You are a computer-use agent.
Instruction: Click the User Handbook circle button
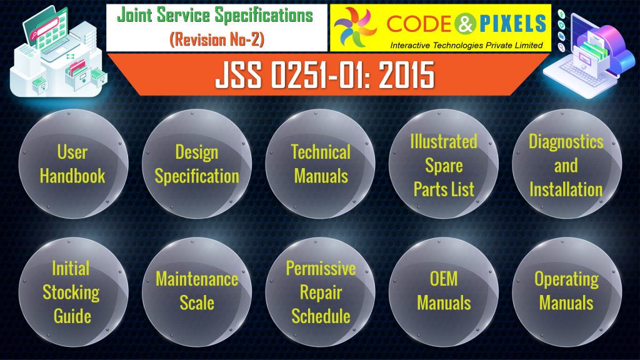72,164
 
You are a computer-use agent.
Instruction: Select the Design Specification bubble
197,164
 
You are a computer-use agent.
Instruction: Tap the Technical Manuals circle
321,164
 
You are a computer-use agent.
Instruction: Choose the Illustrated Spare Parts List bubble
444,165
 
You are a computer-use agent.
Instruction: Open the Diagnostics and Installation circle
566,165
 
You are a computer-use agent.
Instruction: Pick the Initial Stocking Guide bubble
72,291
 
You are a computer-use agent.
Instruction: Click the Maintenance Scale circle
197,291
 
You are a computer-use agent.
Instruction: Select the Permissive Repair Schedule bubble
321,291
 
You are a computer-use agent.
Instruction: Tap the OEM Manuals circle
444,291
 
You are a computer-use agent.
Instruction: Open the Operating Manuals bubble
566,291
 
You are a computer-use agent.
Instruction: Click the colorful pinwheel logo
356,27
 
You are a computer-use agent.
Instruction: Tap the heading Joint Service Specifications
217,16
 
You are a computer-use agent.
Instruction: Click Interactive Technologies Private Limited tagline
466,44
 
